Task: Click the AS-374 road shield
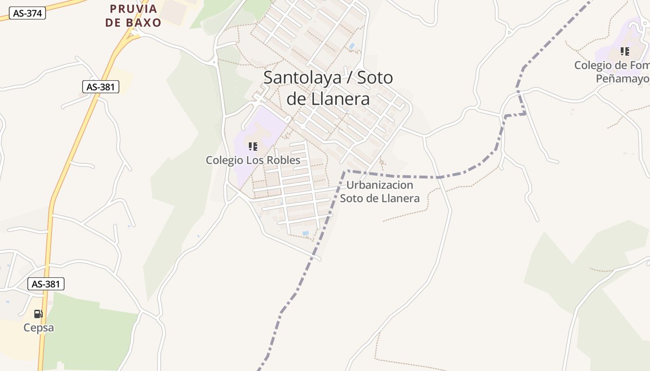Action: (x=27, y=13)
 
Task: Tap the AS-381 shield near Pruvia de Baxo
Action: (x=101, y=87)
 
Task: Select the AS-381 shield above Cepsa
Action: (x=46, y=284)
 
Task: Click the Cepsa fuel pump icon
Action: (x=39, y=314)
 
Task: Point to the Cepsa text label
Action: (x=39, y=328)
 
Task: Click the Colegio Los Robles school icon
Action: (x=253, y=147)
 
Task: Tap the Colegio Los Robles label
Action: (x=253, y=160)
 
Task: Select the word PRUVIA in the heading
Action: (x=134, y=9)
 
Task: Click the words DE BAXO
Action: (x=133, y=23)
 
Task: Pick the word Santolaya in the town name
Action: (x=302, y=77)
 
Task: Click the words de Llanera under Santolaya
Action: (x=328, y=98)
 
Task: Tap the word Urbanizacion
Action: (x=380, y=185)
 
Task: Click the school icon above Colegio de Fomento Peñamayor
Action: (x=625, y=51)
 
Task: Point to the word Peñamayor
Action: (x=623, y=79)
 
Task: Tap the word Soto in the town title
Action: (x=376, y=77)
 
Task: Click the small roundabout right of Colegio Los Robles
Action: (x=303, y=126)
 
